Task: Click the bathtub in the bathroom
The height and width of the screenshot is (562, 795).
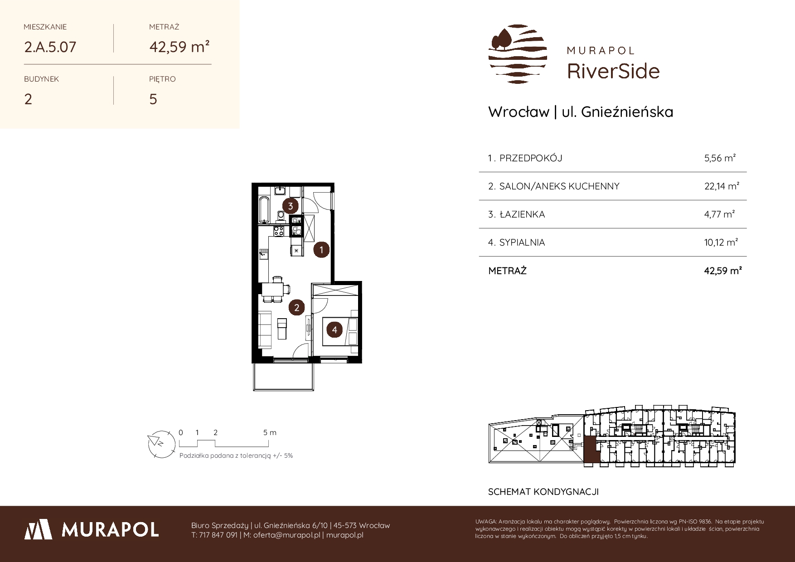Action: (x=264, y=209)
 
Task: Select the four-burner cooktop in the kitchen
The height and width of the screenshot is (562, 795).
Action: (x=279, y=231)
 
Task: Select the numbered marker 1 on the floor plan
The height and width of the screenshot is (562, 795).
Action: (x=321, y=249)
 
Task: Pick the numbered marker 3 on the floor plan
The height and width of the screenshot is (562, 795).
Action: (x=290, y=206)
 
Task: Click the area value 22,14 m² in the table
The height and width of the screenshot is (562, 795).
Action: (x=722, y=186)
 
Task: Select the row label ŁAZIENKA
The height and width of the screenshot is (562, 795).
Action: (x=522, y=214)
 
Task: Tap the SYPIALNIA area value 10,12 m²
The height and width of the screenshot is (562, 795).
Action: (x=721, y=242)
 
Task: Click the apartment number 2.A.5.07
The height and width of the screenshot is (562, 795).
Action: (x=50, y=47)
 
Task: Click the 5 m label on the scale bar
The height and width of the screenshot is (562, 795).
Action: (x=270, y=432)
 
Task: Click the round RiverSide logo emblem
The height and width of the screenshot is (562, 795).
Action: (x=518, y=54)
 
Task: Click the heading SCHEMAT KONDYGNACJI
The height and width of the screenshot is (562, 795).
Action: (x=543, y=492)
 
